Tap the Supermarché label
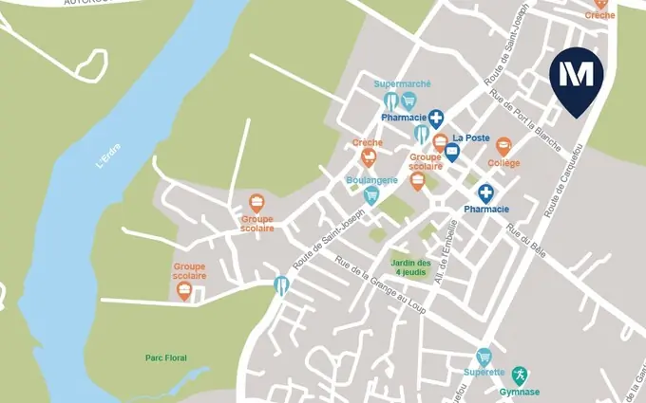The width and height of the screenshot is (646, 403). point(403,83)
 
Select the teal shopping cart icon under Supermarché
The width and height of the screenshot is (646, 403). point(409,101)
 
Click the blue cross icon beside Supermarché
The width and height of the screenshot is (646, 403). point(436,119)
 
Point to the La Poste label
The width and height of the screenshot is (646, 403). point(470,137)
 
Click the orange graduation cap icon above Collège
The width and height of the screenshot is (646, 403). point(503,145)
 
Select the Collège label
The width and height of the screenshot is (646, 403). point(503,163)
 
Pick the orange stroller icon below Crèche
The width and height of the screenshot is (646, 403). point(368,157)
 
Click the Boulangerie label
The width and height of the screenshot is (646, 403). point(370,179)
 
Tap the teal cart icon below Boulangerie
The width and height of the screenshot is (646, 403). point(371,195)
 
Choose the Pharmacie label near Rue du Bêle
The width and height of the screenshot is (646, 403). point(486,209)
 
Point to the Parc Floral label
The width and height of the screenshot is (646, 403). point(166,357)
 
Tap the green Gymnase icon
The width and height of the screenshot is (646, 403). point(520,376)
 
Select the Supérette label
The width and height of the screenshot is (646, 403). point(484,372)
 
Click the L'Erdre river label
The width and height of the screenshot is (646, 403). point(110,156)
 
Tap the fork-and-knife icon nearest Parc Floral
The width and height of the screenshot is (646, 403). point(281,284)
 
